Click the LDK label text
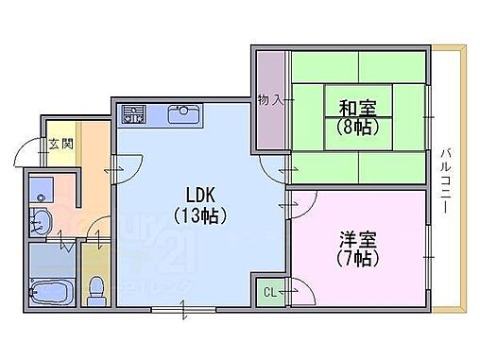197,187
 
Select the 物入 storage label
270,100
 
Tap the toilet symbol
94,287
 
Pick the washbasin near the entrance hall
41,222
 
